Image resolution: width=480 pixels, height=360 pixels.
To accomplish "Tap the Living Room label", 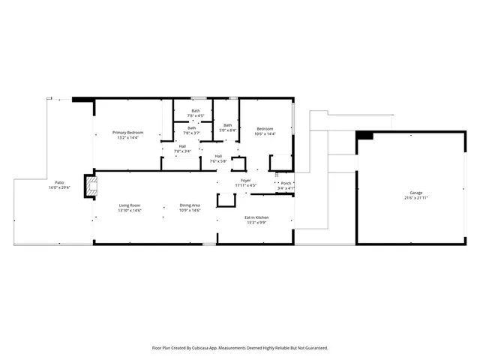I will point(130,205).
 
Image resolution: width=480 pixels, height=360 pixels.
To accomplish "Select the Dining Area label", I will point(189,205).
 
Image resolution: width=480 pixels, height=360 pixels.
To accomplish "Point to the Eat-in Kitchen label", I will point(256,217).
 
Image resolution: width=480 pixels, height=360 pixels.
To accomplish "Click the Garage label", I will point(416,193).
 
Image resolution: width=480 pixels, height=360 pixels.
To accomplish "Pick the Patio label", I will point(58,183).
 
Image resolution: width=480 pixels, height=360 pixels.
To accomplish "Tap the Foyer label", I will point(245,181).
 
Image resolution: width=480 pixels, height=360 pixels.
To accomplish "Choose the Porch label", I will point(286,183).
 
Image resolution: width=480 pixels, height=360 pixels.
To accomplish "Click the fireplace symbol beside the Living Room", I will point(90,186).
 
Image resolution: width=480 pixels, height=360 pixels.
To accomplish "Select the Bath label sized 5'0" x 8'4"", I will point(227,125).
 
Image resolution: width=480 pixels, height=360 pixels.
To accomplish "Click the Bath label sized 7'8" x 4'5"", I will point(195,111).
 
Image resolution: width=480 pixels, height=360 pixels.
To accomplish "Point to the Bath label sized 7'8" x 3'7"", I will point(191,127).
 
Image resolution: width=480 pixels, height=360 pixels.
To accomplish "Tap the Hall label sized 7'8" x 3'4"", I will point(182,146).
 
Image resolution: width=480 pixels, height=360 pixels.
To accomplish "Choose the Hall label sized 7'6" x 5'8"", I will point(218,156).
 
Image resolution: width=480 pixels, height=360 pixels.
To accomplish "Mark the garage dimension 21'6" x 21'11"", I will point(416,198).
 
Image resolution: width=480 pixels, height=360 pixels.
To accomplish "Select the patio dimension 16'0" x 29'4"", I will point(58,187).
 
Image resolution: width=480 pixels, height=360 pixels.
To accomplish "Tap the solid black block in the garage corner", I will point(365,135).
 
